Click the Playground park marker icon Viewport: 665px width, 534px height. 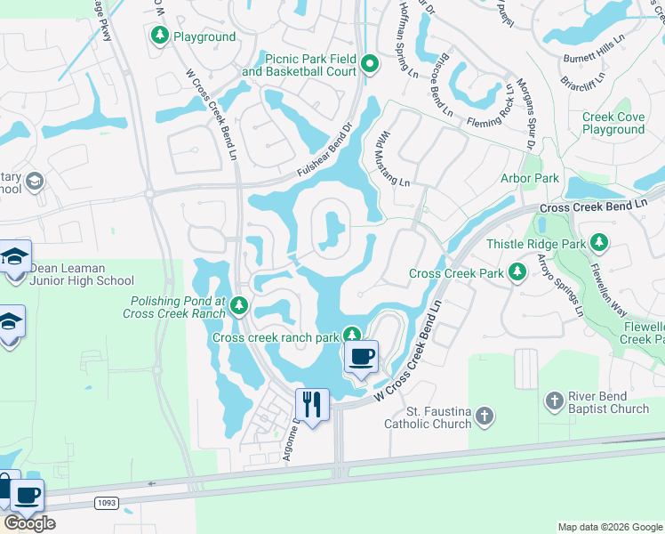tap(160, 36)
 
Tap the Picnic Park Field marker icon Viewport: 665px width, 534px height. tap(371, 64)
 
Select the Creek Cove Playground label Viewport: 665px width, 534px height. tap(613, 124)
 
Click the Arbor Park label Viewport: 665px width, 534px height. tap(530, 178)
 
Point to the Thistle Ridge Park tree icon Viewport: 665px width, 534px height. tap(600, 243)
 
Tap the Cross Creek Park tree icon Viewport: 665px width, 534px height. tap(517, 273)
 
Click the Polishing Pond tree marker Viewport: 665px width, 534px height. tap(238, 307)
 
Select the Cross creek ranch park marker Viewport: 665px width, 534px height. tap(353, 336)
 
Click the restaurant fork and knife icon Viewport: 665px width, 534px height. tap(311, 405)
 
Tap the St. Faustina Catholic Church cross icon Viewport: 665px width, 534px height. tap(484, 416)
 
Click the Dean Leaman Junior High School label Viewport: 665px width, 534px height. tap(81, 274)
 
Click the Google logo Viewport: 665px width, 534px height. tap(28, 523)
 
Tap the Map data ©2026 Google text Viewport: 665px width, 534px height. tap(609, 527)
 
